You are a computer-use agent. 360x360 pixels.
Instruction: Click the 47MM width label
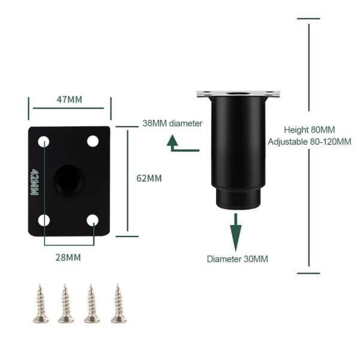70,100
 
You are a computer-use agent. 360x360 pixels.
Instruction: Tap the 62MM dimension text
149,178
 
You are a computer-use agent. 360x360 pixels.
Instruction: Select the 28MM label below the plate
68,257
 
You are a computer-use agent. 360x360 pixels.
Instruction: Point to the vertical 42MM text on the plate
34,182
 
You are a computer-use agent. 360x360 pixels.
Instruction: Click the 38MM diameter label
172,124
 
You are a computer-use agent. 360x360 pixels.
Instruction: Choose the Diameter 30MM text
238,259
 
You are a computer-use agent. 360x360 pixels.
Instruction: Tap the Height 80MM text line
310,130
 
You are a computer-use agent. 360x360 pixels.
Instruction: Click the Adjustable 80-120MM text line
310,142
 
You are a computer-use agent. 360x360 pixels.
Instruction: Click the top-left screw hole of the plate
44,142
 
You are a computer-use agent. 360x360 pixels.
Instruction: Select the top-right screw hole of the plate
93,141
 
